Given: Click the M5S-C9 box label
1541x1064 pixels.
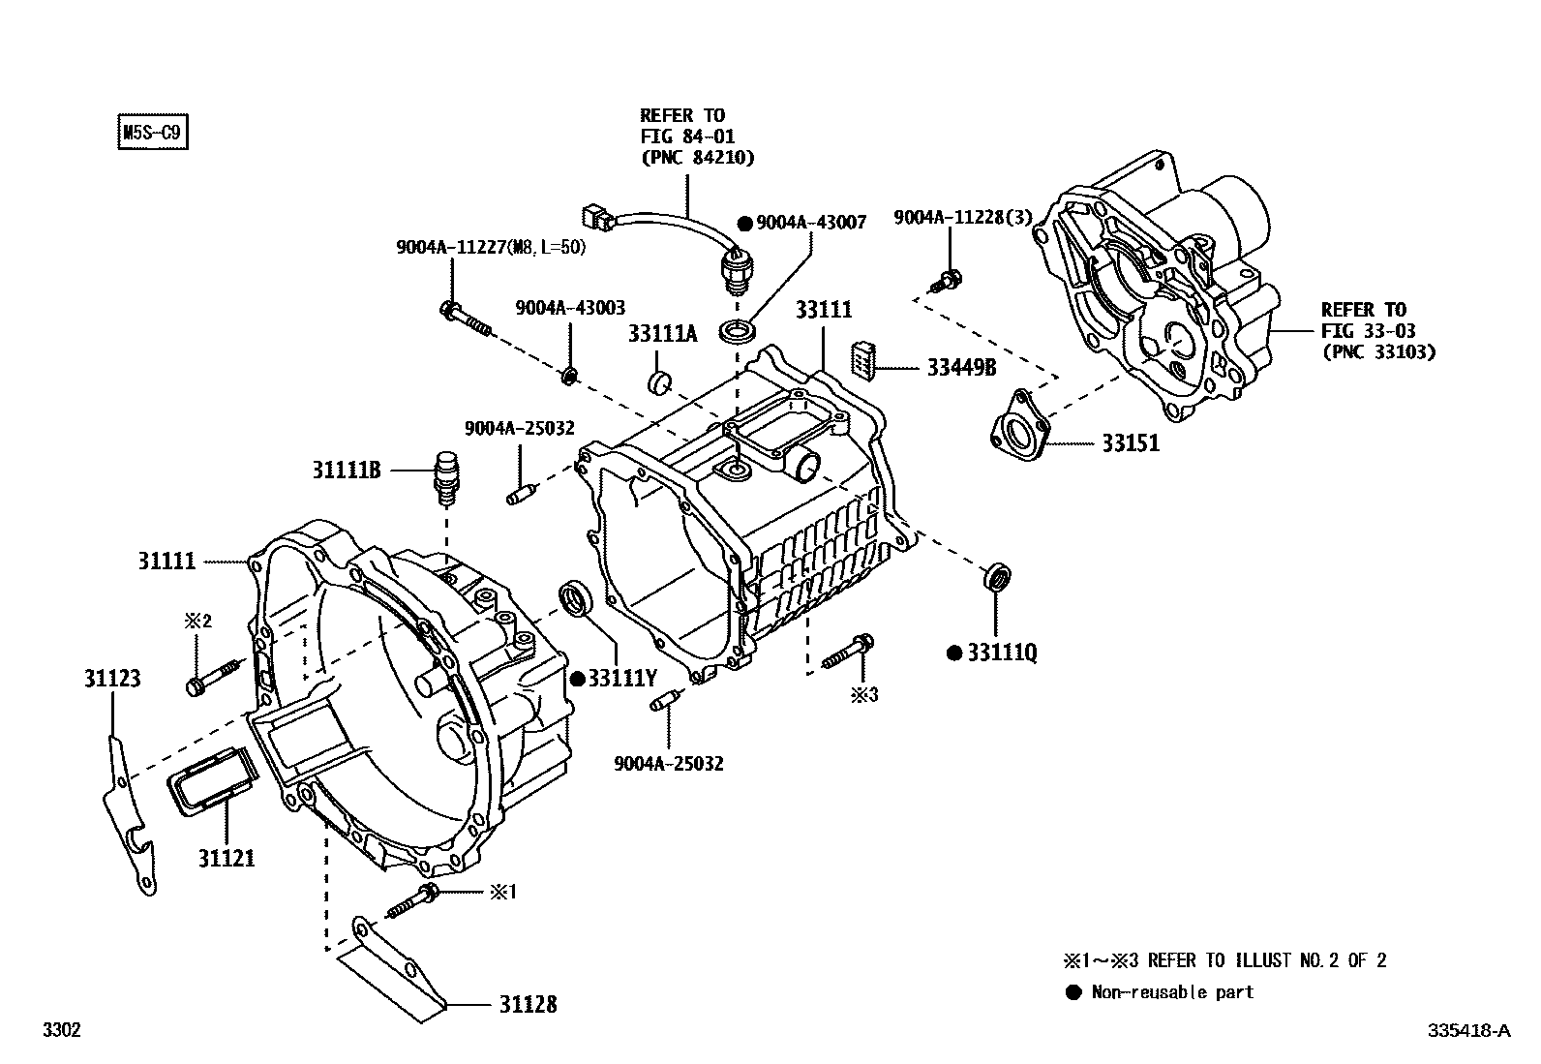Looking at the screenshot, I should click(x=151, y=132).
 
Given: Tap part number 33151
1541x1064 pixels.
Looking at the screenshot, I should click(x=1130, y=443).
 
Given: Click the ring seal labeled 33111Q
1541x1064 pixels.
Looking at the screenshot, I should click(x=997, y=576).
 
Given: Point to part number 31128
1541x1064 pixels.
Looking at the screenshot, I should click(x=529, y=1004).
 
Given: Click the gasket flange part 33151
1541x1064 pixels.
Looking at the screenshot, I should click(x=1018, y=431).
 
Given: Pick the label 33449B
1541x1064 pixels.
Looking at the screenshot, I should click(x=961, y=368).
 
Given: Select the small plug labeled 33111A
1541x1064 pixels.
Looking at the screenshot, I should click(x=660, y=380).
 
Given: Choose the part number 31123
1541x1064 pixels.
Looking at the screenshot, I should click(x=111, y=679).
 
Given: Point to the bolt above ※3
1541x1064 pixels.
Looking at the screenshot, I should click(x=850, y=651).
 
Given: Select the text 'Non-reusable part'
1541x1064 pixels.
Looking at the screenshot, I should click(x=1172, y=992).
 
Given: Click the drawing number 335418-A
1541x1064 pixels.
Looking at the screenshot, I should click(x=1467, y=1030).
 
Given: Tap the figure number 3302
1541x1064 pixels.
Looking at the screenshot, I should click(x=61, y=1030).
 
